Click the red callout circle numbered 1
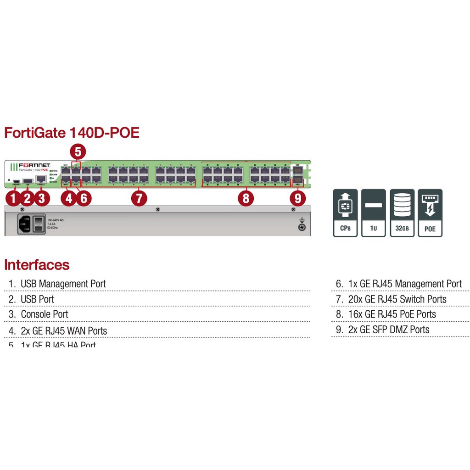[x=13, y=198]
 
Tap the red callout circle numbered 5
[x=78, y=151]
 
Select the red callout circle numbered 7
[x=139, y=198]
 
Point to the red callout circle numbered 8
[x=246, y=198]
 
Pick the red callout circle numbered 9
[x=298, y=198]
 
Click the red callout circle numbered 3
[x=42, y=198]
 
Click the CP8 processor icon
[x=345, y=213]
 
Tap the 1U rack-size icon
[x=374, y=213]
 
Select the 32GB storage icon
[x=402, y=213]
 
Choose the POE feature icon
[x=430, y=213]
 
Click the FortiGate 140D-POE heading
[x=72, y=133]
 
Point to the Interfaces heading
[x=37, y=265]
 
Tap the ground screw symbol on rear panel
[x=302, y=225]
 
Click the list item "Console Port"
[x=44, y=314]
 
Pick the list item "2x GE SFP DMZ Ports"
[x=388, y=330]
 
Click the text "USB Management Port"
[x=63, y=284]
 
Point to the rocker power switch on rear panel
[x=39, y=224]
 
